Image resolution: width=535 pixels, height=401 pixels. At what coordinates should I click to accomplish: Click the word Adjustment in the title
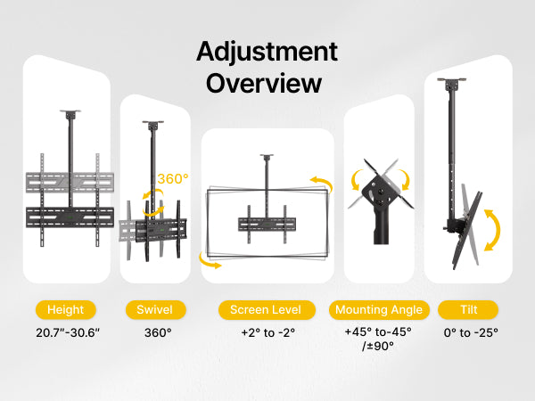pos(267,53)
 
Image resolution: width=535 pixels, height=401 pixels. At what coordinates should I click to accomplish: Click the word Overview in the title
pos(264,84)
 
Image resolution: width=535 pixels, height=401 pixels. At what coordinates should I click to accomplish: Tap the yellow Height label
pos(65,309)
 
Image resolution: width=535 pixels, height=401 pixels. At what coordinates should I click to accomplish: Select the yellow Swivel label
pos(155,309)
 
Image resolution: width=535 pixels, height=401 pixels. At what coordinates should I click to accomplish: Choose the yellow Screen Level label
pos(267,309)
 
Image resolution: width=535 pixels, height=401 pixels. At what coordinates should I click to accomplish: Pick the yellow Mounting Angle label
pos(379,309)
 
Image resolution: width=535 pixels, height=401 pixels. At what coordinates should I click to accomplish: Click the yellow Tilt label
pos(468,309)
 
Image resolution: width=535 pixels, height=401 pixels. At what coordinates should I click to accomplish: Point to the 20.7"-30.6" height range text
pos(68,332)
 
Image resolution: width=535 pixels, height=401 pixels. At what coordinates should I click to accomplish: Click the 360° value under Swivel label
pos(158,332)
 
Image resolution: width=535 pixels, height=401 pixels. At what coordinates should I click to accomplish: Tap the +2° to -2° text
pos(267,332)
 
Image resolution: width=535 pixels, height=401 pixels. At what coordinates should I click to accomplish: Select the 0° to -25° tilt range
pos(471,332)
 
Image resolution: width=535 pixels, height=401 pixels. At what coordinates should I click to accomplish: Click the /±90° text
pos(378,346)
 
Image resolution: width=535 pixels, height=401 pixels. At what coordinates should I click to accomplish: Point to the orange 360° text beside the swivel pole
pos(173,179)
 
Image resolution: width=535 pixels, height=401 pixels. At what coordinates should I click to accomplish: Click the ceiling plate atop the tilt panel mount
pos(452,80)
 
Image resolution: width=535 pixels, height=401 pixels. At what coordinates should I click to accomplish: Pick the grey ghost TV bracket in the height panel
pos(70,183)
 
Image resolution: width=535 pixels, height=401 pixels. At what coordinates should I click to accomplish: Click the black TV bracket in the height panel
pos(70,217)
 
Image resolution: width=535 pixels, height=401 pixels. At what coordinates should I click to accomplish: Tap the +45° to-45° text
pos(378,331)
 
